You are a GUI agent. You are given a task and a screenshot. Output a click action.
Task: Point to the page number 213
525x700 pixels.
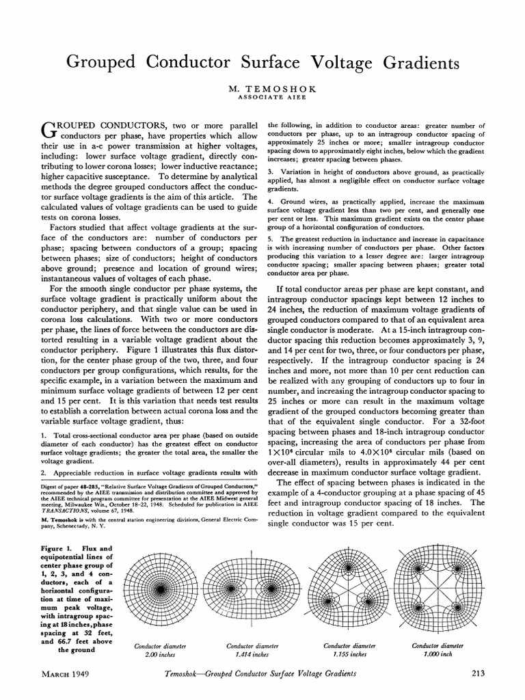coord(479,675)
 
